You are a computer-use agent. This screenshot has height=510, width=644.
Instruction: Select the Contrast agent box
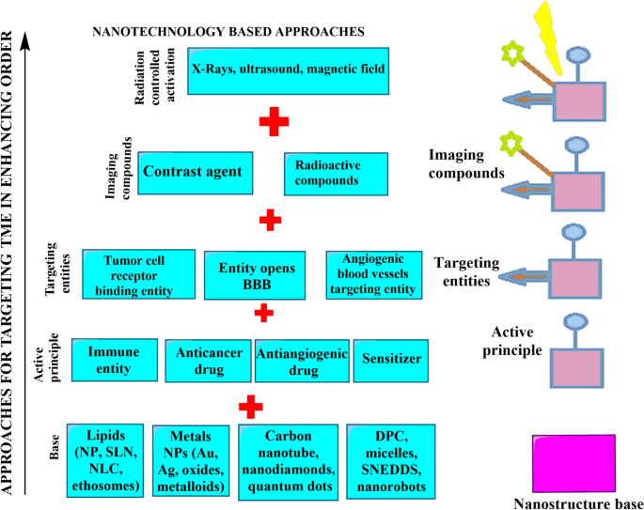point(200,173)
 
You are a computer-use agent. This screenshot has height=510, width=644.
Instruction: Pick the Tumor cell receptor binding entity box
point(138,274)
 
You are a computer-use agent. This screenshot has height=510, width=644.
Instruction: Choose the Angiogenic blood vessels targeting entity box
point(371,274)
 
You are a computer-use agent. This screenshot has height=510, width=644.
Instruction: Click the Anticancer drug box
point(208,361)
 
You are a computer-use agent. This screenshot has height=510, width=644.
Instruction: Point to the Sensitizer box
point(393,358)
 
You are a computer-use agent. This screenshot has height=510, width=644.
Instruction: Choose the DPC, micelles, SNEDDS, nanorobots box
point(390,458)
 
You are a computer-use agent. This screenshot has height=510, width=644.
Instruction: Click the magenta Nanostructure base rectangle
point(576,460)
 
